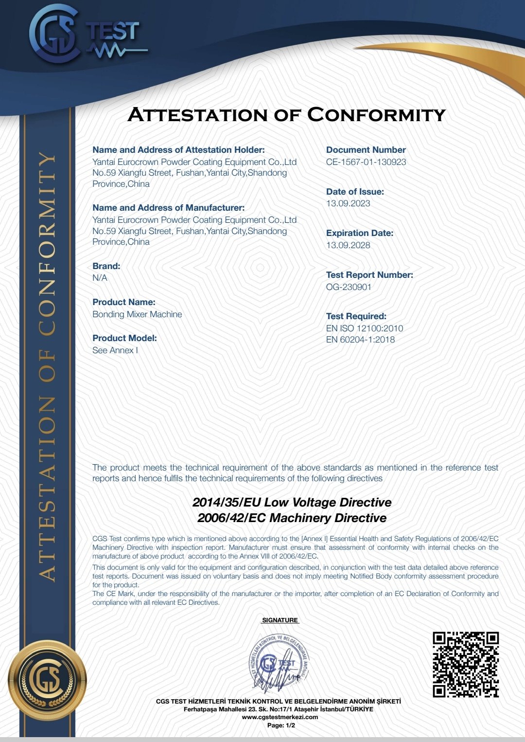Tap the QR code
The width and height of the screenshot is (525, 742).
(x=466, y=665)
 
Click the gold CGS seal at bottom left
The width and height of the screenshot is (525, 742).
(x=47, y=680)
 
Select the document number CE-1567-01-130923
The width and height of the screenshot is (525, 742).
(x=366, y=162)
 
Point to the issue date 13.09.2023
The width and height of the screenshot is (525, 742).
(x=348, y=203)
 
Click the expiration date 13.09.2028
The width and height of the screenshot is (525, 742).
(x=348, y=245)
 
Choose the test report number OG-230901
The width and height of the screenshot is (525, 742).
(x=349, y=287)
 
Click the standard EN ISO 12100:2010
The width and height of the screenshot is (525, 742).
(x=365, y=328)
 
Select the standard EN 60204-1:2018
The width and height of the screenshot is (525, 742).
(x=360, y=340)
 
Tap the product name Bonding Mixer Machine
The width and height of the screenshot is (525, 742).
(x=137, y=314)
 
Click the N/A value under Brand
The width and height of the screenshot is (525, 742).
(x=100, y=278)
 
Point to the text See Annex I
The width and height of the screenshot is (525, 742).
(x=115, y=350)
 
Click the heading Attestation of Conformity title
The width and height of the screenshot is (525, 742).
(x=287, y=115)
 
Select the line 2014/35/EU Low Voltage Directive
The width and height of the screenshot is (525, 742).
(x=292, y=502)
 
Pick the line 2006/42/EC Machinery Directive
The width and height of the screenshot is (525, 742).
(x=292, y=518)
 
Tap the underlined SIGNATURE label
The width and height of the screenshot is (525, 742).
(x=280, y=620)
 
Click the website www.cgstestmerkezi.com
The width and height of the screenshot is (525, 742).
(x=280, y=717)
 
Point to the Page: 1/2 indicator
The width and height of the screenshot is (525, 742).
(x=281, y=725)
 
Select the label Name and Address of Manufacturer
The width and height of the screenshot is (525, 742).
(x=169, y=208)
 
